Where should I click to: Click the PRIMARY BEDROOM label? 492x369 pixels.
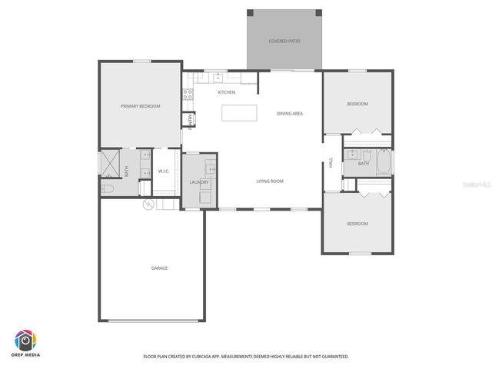[x=141, y=106]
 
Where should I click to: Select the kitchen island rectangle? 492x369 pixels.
[x=240, y=113]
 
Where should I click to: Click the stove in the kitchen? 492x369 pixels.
[x=187, y=95]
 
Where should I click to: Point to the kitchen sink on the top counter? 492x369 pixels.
[x=218, y=76]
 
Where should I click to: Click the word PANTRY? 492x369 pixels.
[x=188, y=121]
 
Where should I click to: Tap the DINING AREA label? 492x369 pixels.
[x=290, y=114]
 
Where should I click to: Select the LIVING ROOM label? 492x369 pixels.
[x=270, y=181]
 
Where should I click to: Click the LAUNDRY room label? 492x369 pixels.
[x=199, y=182]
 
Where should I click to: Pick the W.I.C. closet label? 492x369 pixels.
[x=164, y=171]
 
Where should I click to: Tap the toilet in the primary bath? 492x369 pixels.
[x=107, y=188]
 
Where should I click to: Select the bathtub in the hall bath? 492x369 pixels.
[x=382, y=163]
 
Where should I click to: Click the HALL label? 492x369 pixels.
[x=331, y=163]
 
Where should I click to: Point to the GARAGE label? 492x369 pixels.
[x=159, y=268]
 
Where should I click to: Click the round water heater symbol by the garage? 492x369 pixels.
[x=149, y=204]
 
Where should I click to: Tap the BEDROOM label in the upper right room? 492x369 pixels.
[x=357, y=104]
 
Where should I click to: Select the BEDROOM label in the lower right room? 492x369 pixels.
[x=357, y=224]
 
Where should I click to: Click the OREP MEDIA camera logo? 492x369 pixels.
[x=26, y=341]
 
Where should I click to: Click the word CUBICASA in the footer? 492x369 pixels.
[x=212, y=357]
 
